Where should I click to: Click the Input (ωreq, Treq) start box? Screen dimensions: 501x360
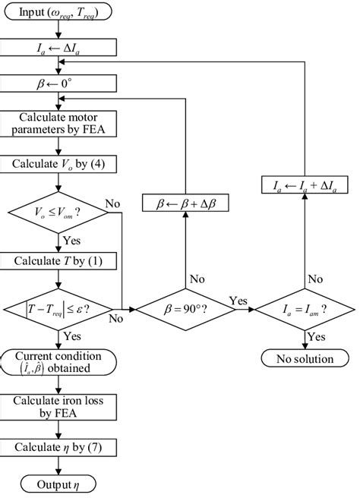point(58,12)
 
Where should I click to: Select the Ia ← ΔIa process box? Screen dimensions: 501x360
point(58,49)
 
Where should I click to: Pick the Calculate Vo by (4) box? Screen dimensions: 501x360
point(58,163)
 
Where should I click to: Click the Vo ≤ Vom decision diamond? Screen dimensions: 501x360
point(58,215)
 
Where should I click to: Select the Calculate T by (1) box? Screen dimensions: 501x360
point(58,260)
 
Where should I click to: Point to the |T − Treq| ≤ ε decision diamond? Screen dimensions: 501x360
point(58,309)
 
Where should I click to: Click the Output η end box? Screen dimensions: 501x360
point(58,484)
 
